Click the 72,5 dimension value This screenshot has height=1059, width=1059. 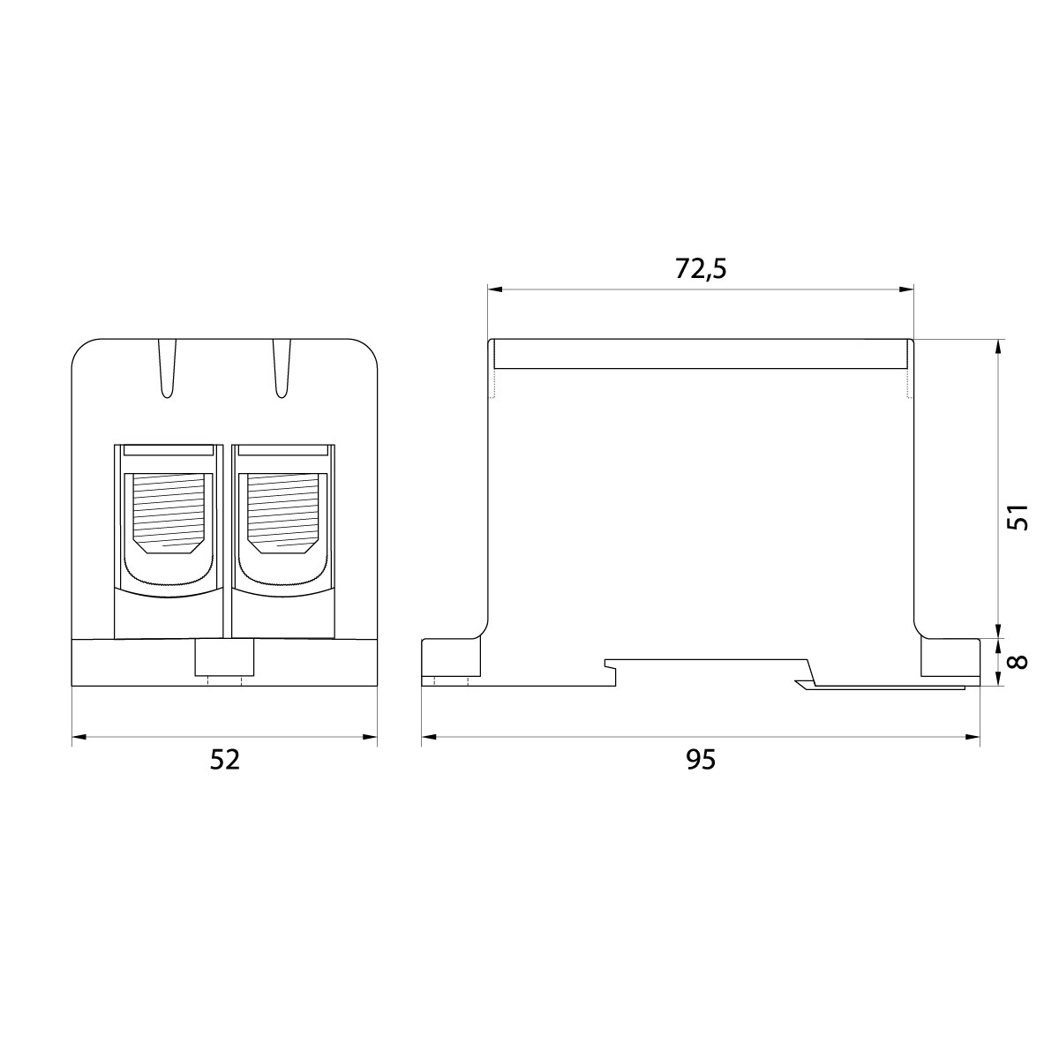[701, 269]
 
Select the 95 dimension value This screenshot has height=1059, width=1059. [701, 759]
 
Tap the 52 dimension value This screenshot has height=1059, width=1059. [224, 759]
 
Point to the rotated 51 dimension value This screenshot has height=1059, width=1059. [1018, 517]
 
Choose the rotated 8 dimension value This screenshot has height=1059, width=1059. [1018, 661]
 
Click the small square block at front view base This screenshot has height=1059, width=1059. [224, 658]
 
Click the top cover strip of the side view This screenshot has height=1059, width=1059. [701, 354]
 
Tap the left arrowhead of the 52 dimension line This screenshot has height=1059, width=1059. [77, 737]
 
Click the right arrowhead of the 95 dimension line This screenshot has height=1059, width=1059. [973, 737]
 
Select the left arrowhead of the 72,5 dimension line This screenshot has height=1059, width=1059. [494, 289]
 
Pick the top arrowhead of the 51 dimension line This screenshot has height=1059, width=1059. [998, 346]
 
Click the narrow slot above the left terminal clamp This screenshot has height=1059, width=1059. [168, 450]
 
